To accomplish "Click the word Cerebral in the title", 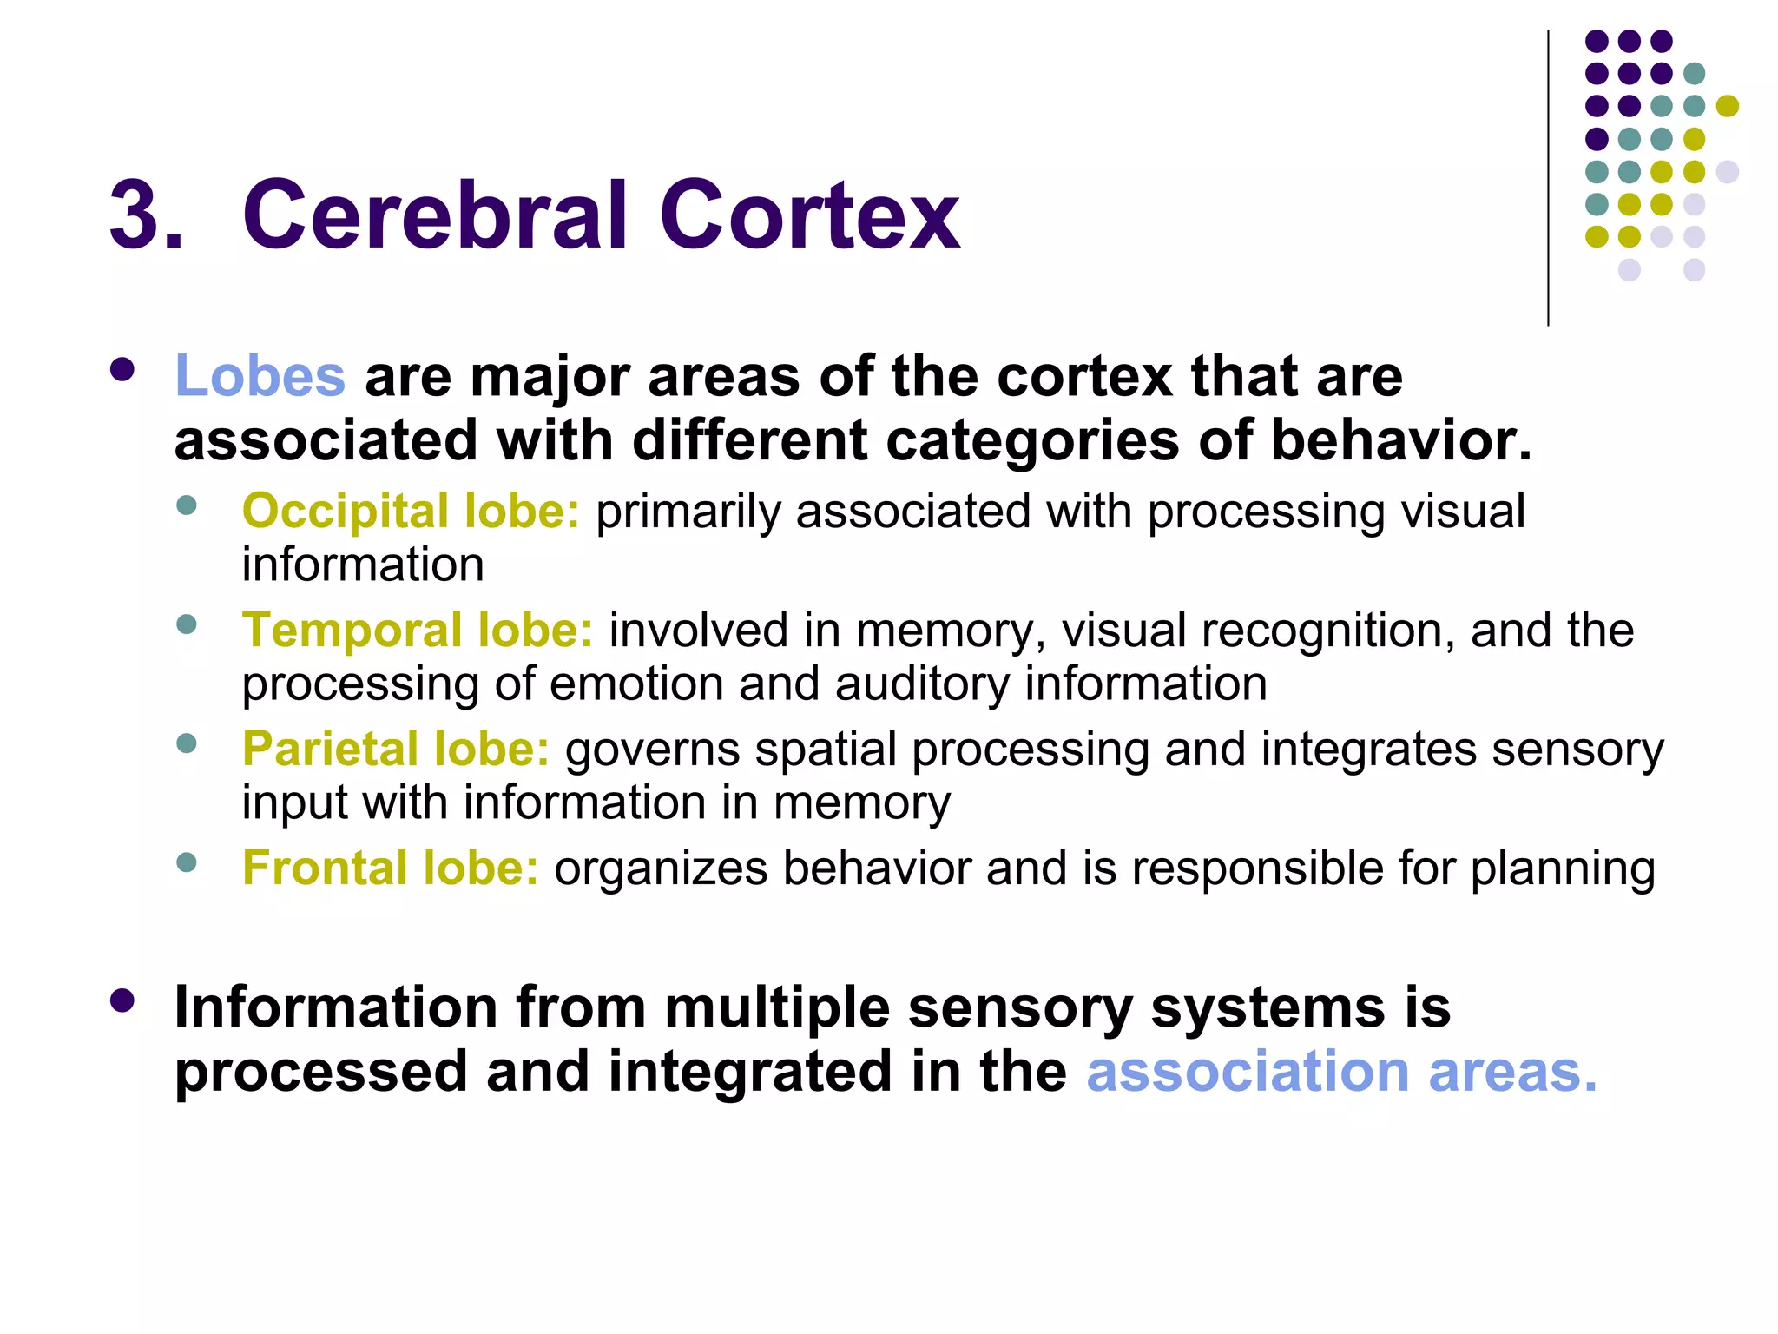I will pos(434,215).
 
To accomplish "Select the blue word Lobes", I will pos(260,376).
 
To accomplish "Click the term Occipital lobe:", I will pos(410,511).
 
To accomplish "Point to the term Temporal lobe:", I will pos(417,630).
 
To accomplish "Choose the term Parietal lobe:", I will pos(395,749).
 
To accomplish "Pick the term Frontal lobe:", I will pos(390,868).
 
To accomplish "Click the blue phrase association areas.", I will pos(1340,1072).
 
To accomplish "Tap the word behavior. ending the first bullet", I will pos(1401,440).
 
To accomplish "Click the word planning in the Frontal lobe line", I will pos(1563,868).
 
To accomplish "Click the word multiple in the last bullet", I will pos(777,1007).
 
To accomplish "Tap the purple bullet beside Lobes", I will pos(122,370).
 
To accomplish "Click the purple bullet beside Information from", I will pos(122,1000).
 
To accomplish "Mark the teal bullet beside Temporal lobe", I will pos(186,624).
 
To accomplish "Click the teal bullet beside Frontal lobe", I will pos(186,862).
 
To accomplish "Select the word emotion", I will pos(637,684).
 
